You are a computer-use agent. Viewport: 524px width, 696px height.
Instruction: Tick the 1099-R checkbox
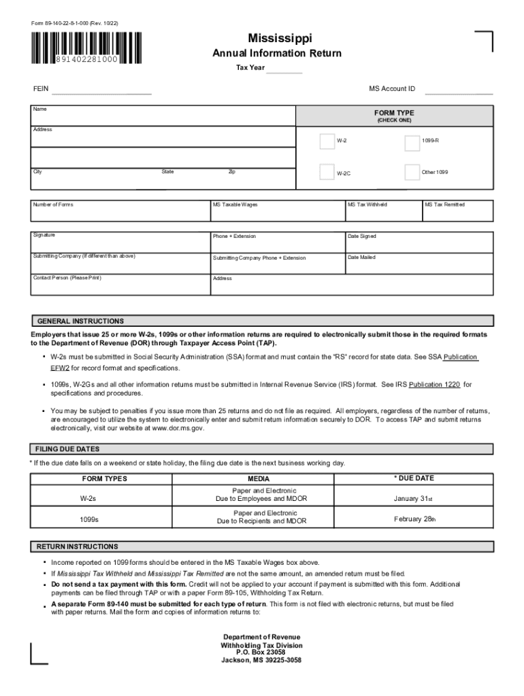pos(412,143)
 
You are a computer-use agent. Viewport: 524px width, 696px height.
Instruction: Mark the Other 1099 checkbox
pos(412,172)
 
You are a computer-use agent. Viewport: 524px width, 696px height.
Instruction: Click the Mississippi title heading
pos(276,39)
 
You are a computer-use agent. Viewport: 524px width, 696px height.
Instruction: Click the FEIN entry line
pos(101,90)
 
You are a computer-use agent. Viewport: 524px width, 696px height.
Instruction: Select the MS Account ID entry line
pos(459,90)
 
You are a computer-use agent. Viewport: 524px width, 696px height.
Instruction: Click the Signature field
pos(120,242)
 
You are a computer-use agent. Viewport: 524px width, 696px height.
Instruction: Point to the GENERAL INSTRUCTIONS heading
pos(80,321)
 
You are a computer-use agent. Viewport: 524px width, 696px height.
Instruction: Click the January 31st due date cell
pos(413,499)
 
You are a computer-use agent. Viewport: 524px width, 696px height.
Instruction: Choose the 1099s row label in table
pos(88,520)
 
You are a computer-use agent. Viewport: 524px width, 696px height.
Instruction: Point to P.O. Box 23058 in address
pos(261,652)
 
